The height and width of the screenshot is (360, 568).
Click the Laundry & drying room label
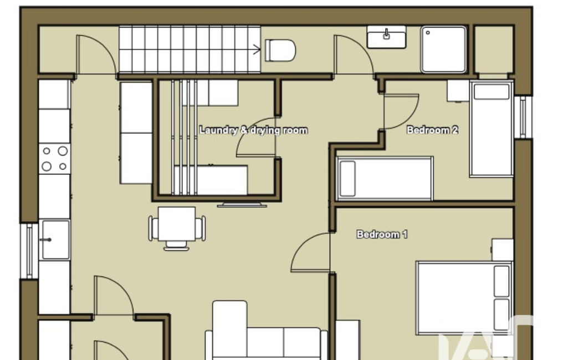pyautogui.click(x=254, y=130)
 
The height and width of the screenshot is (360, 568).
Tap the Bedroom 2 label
pyautogui.click(x=432, y=130)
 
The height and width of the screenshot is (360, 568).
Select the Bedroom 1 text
pyautogui.click(x=382, y=234)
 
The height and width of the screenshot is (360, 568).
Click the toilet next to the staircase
pyautogui.click(x=280, y=50)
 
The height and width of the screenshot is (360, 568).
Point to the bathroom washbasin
pyautogui.click(x=386, y=37)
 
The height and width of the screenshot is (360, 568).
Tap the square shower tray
pyautogui.click(x=444, y=49)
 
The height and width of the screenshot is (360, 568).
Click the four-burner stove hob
pyautogui.click(x=55, y=158)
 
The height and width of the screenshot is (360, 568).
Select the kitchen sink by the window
pyautogui.click(x=55, y=239)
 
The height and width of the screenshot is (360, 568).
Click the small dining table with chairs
pyautogui.click(x=177, y=228)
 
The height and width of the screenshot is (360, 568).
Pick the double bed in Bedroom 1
pyautogui.click(x=464, y=298)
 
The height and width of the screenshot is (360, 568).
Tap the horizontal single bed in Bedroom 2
pyautogui.click(x=385, y=178)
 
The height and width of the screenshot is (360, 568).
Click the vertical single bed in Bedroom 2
pyautogui.click(x=492, y=129)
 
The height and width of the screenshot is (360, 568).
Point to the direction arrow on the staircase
pyautogui.click(x=257, y=49)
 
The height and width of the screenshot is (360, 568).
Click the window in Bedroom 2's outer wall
pyautogui.click(x=523, y=117)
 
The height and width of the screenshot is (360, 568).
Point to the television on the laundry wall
pyautogui.click(x=242, y=205)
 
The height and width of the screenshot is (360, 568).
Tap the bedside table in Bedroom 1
pyautogui.click(x=503, y=250)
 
